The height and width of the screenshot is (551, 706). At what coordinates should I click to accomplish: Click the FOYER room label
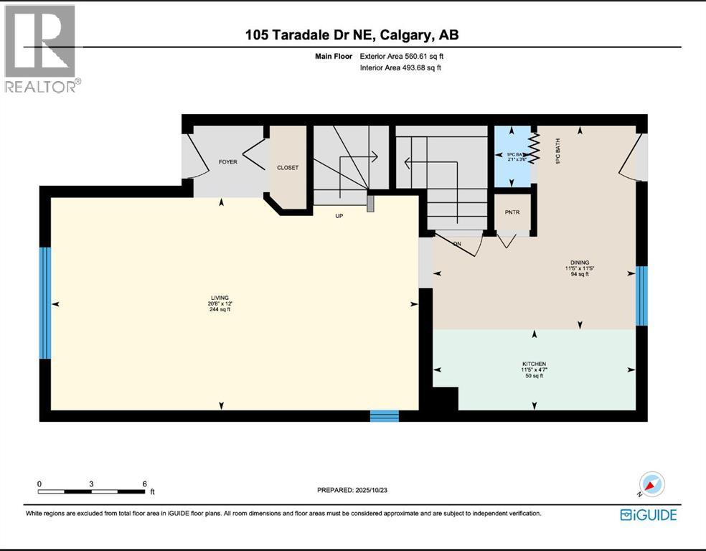(x=227, y=162)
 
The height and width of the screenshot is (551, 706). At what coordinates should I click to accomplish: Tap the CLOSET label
(x=287, y=168)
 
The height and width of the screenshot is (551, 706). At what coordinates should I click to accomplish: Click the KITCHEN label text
(x=535, y=364)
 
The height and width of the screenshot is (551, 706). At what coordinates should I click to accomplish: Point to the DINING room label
(x=580, y=263)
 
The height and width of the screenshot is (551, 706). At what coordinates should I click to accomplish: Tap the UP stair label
(x=339, y=215)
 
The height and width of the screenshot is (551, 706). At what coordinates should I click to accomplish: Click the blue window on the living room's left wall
(x=45, y=303)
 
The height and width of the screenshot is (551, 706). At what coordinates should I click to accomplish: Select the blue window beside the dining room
(x=641, y=295)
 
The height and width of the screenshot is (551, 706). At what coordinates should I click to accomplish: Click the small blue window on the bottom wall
(x=384, y=415)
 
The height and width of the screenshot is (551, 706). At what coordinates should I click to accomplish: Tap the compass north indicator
(x=652, y=485)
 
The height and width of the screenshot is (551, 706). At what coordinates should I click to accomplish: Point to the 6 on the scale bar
(x=144, y=484)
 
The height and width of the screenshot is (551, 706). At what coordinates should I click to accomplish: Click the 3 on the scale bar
(x=91, y=484)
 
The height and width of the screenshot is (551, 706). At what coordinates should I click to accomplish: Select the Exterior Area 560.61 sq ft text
(x=406, y=56)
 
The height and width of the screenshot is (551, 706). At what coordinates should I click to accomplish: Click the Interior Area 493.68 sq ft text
(x=400, y=68)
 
